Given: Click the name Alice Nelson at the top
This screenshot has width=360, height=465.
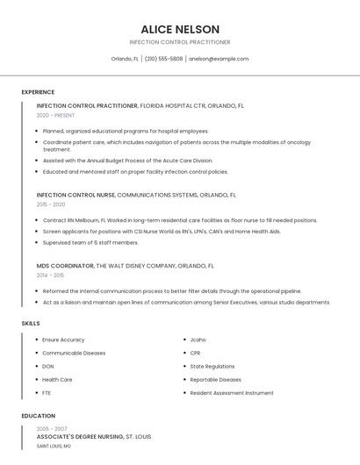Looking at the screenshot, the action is pos(180,29).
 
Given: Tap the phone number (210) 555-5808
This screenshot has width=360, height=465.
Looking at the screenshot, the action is pos(163,59).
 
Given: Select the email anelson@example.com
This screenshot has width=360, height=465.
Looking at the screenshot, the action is pos(219,59).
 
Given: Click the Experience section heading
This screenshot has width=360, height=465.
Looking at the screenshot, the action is pos(38,92).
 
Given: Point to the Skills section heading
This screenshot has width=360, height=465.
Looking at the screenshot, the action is pos(31,324).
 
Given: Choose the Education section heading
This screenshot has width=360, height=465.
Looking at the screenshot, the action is pos(38,415).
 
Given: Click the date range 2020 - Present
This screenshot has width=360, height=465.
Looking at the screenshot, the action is pos(55,115).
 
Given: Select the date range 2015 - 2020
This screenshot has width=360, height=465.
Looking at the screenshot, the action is pos(51,204).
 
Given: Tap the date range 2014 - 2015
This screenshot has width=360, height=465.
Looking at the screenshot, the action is pos(51,275).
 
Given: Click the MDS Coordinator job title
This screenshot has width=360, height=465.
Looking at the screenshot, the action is pos(65,265).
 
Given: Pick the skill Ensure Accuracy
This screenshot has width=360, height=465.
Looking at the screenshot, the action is pos(63,340).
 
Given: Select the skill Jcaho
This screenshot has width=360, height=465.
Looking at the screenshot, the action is pos(198,340).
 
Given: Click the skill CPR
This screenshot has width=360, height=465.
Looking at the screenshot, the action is pos(195,353).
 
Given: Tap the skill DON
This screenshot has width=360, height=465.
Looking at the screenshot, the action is pos(48,366).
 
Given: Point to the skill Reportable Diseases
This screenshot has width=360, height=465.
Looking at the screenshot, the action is pos(215,379).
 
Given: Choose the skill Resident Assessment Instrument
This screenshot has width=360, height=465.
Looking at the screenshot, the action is pos(232,392).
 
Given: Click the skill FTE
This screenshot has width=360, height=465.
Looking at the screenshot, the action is pos(47,392).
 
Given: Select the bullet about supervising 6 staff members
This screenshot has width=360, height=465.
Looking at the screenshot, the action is pos(90,242).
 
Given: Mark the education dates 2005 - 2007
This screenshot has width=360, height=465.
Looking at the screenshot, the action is pos(51,428).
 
